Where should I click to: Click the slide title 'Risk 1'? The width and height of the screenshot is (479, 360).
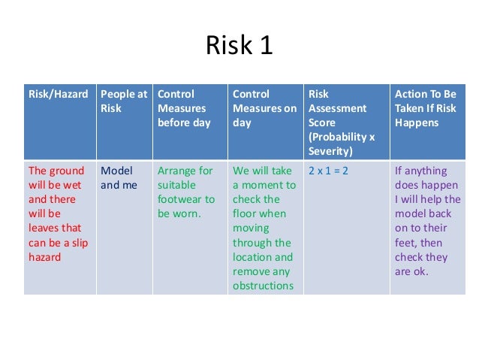tap(239, 46)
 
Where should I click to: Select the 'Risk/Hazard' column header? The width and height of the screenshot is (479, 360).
tap(58, 94)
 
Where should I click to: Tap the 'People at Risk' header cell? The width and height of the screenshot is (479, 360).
tap(123, 101)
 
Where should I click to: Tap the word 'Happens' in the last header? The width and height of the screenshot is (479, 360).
tap(417, 123)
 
